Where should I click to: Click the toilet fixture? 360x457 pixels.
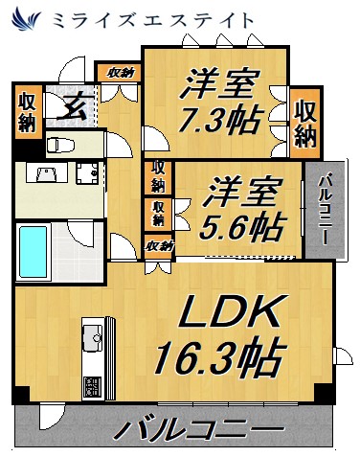click(59, 145)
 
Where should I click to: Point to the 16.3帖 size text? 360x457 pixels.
click(219, 360)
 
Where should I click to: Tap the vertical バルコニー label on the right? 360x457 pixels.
click(324, 209)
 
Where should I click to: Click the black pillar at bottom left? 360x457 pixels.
click(18, 395)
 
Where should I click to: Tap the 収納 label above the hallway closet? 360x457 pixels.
click(120, 72)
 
